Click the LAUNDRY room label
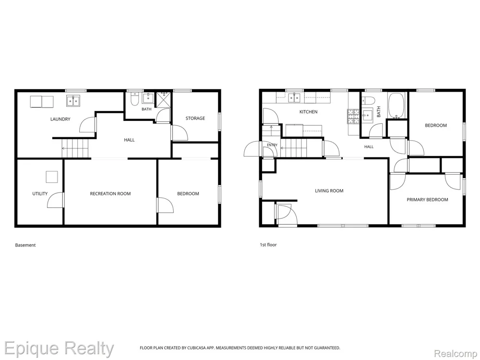point(60,119)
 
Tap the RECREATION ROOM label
point(110,193)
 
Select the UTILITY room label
point(40,193)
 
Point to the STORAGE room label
point(195,118)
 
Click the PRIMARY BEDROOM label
point(427,200)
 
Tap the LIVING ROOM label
point(329,191)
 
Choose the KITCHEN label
point(308,112)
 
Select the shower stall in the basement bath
point(164,99)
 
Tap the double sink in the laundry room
point(73,101)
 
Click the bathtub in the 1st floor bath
point(397,106)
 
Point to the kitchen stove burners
point(353,117)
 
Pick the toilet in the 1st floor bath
point(368,100)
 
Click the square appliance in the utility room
point(52,177)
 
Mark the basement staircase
point(75,148)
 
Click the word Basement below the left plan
point(25,245)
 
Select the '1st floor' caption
point(268,245)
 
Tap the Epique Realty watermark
point(59,349)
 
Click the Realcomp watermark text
point(456,354)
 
